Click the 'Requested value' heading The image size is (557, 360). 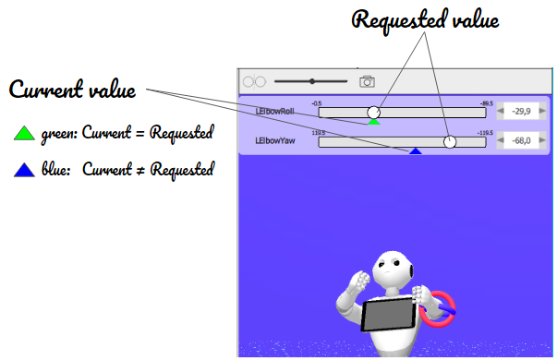click(x=426, y=20)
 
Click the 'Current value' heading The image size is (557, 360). click(x=73, y=90)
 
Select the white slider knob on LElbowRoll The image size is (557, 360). click(x=374, y=113)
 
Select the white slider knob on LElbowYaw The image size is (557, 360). click(x=450, y=142)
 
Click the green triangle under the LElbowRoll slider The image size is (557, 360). click(x=374, y=121)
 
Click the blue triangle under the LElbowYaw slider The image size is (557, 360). click(x=417, y=150)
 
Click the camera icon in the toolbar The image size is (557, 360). click(x=367, y=81)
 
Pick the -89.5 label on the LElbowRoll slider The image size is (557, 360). click(x=486, y=103)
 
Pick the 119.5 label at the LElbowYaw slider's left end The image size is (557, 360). click(x=319, y=133)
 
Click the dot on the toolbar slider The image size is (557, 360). click(x=313, y=81)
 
